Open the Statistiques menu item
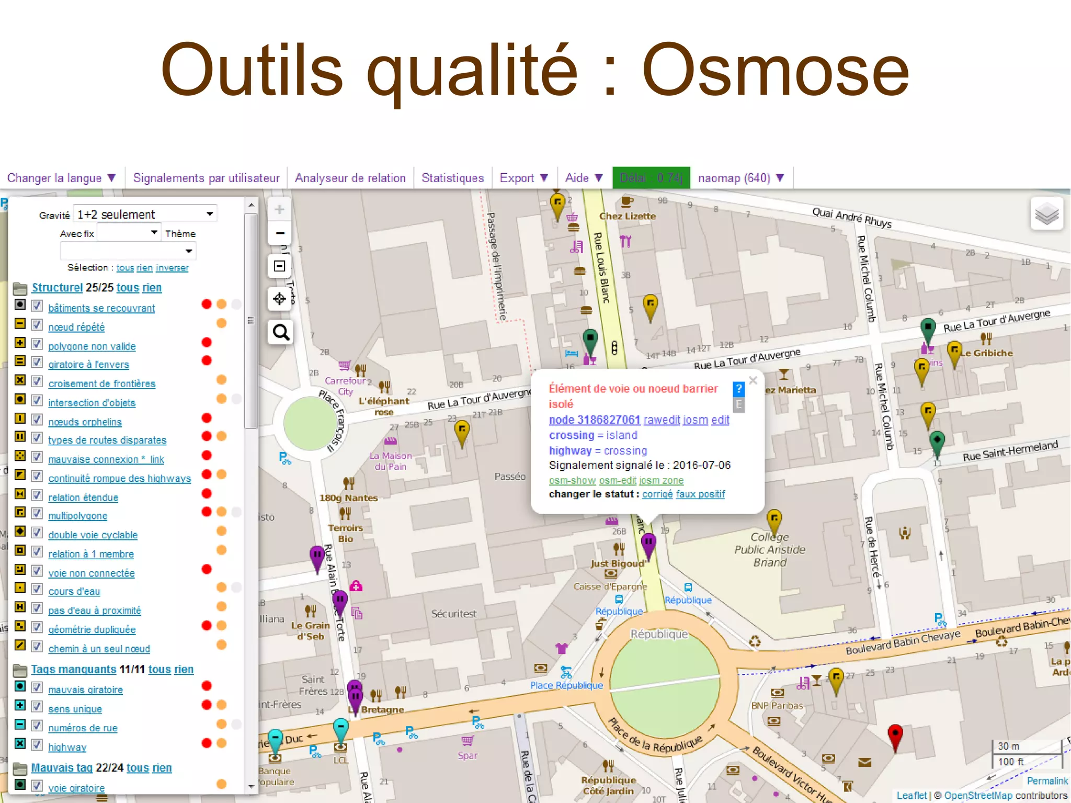(452, 178)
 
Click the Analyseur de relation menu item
(350, 178)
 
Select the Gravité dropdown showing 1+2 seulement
(145, 214)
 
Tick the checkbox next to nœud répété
(37, 325)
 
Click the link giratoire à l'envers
(88, 365)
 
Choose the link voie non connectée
(91, 573)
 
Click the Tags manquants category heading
(73, 669)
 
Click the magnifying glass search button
(280, 332)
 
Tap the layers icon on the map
(1046, 213)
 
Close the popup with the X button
(753, 380)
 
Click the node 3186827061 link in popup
(594, 420)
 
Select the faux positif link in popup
(700, 494)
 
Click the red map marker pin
(895, 734)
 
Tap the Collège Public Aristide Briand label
(769, 550)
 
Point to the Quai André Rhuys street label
(851, 217)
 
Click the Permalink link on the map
(1047, 781)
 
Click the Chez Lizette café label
(627, 216)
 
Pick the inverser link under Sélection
(172, 268)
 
